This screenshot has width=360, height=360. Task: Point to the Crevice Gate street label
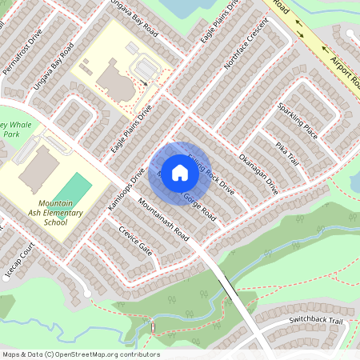click(135, 239)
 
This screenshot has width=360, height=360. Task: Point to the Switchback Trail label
click(315, 321)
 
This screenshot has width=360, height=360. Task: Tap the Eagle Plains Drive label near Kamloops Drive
click(133, 125)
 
